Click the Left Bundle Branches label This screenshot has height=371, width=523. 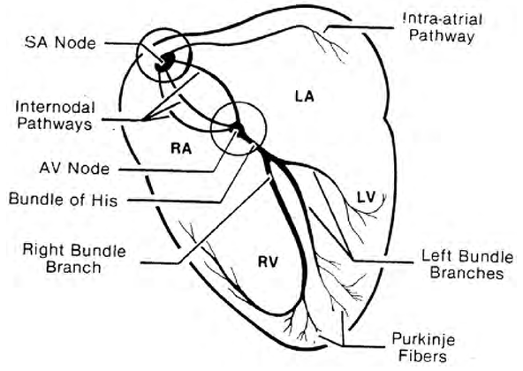465,266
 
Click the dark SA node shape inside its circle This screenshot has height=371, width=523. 163,62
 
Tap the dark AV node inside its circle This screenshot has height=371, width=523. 235,130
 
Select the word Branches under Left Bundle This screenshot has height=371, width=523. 465,275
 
